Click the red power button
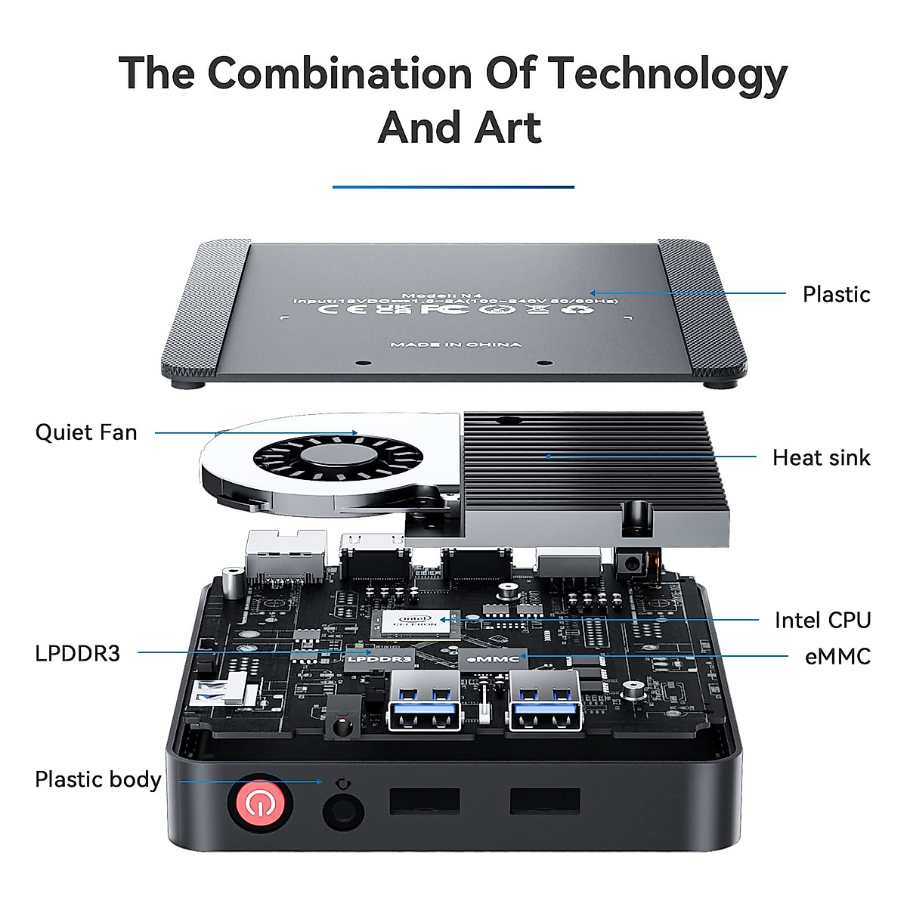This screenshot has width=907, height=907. tap(259, 804)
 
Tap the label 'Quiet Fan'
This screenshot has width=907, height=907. tap(86, 432)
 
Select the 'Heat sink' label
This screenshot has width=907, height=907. tap(821, 457)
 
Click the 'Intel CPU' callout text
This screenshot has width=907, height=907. tap(822, 621)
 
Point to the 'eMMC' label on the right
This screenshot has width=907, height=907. tap(837, 657)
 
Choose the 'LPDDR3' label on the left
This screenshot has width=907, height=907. tap(77, 653)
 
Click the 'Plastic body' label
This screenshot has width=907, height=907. tap(98, 779)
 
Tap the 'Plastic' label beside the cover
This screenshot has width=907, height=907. tap(836, 294)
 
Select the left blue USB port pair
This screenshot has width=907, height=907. tap(424, 702)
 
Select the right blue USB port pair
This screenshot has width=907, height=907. tap(545, 702)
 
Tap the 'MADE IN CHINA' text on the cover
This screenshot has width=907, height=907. tap(456, 345)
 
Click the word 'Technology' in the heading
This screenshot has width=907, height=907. tap(667, 73)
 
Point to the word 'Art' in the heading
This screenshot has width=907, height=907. tap(508, 127)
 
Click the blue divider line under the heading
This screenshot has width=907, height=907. tap(453, 187)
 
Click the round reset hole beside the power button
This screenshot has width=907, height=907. tap(343, 811)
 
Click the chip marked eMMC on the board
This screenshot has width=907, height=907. tap(493, 659)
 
